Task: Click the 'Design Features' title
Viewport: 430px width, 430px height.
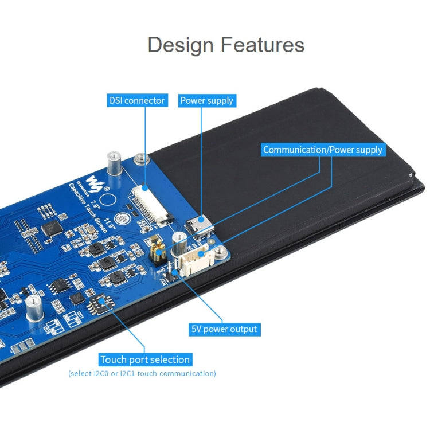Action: (x=225, y=45)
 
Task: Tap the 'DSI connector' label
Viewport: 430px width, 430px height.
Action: (x=137, y=100)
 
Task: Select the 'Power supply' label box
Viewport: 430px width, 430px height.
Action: (x=206, y=100)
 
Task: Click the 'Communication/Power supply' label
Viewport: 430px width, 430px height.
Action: (x=322, y=150)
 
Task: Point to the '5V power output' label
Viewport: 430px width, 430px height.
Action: (x=224, y=329)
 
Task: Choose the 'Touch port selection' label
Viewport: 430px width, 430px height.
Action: (x=144, y=359)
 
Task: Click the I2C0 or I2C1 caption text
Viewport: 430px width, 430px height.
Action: (x=142, y=373)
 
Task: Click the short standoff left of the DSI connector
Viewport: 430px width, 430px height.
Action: (x=138, y=158)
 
